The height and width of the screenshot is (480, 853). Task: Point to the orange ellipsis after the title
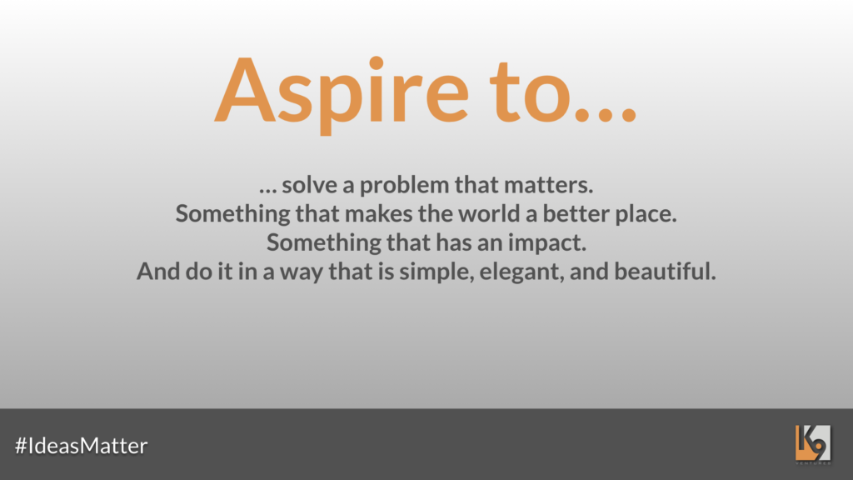606,114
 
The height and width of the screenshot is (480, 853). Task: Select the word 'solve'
310,185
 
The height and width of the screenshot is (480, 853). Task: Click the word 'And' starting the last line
158,271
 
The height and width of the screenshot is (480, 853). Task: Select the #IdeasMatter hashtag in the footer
81,446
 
